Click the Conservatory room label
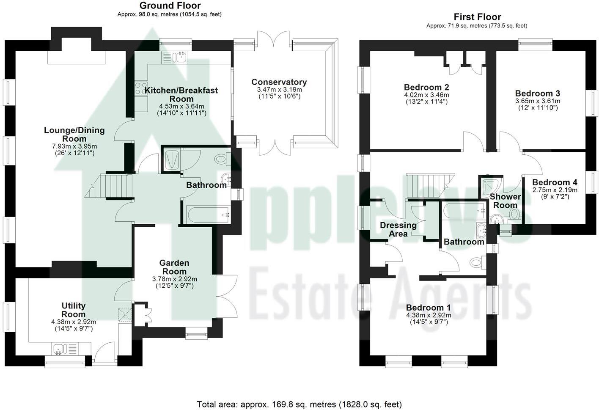[279, 82]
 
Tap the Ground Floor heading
[170, 6]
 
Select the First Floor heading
[477, 17]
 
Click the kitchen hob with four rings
[140, 88]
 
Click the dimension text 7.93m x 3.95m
[74, 146]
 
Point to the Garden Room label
[174, 267]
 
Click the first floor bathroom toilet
[477, 263]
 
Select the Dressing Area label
[398, 229]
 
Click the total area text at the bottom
[299, 404]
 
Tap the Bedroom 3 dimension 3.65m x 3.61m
[537, 101]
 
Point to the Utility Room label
[74, 310]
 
